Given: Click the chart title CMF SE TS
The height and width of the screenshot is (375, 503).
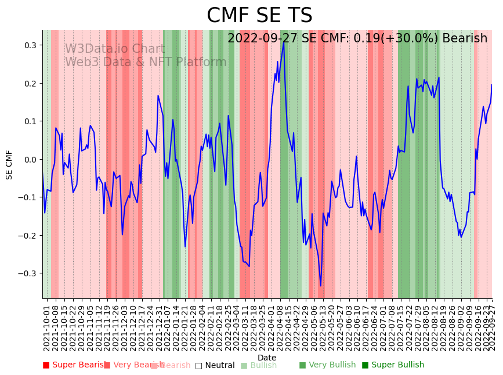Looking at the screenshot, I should (259, 16).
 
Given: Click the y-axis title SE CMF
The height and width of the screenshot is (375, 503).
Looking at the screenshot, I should (9, 164).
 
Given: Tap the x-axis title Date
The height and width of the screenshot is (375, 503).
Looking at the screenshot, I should (267, 358).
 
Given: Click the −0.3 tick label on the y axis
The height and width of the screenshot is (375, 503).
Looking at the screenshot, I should (27, 273).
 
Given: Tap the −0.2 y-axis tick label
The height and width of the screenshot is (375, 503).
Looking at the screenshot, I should (27, 235).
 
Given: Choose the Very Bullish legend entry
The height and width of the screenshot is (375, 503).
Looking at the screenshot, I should (327, 365).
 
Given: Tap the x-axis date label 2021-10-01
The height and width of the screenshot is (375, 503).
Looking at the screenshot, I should (47, 329).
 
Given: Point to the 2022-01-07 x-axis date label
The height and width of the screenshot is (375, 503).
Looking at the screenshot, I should (167, 329).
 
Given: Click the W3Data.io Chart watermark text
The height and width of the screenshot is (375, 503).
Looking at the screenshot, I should (114, 49).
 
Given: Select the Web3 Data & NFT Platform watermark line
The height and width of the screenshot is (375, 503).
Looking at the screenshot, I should (146, 62).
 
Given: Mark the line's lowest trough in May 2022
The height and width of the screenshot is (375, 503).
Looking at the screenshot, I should (320, 286).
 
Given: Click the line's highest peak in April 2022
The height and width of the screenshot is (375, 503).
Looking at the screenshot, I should (284, 42).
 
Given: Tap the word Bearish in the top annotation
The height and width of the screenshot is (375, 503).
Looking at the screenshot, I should (464, 38).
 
